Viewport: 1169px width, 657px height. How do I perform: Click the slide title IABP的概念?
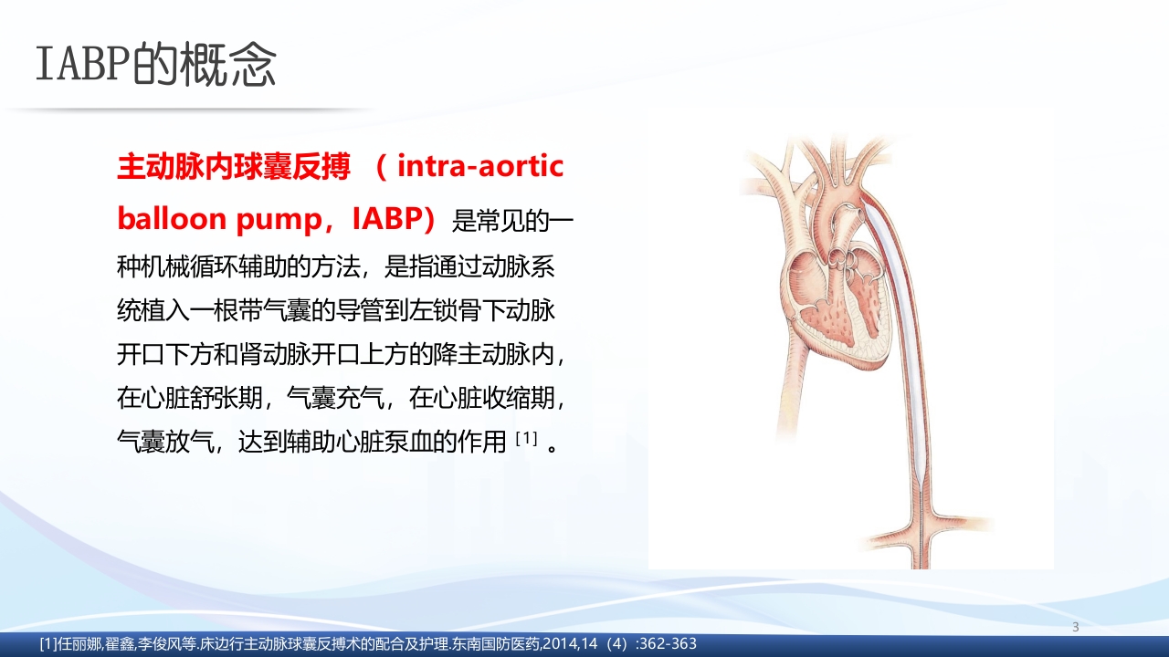[155, 64]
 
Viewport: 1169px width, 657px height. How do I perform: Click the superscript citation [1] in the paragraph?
[525, 440]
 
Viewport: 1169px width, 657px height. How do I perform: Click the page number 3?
[1075, 627]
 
